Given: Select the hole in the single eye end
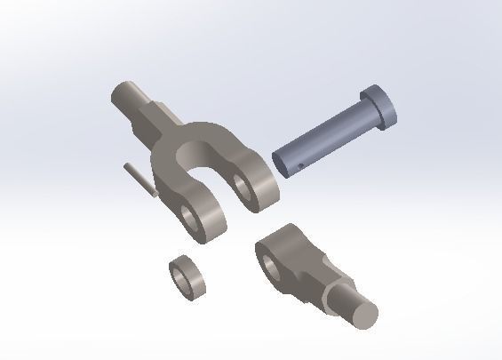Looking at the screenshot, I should point(267,260).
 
